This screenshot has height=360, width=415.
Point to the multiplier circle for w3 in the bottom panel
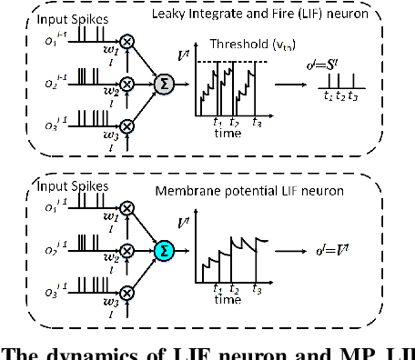click(x=128, y=290)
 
